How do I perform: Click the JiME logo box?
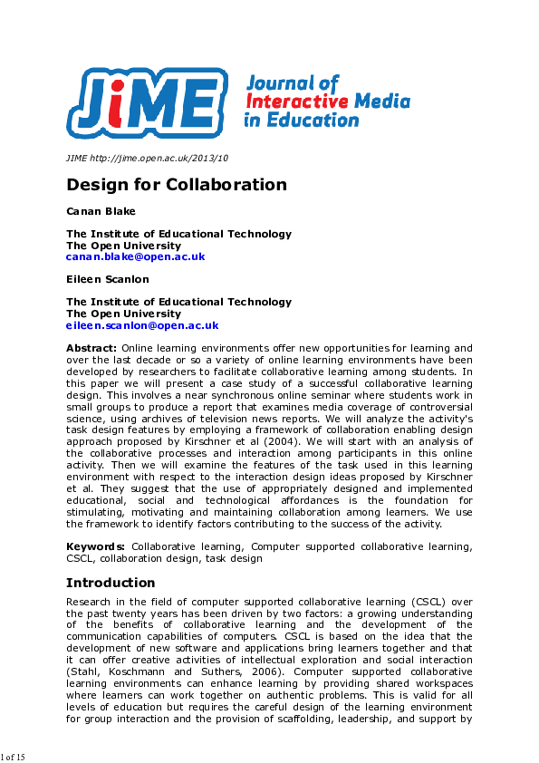point(146,98)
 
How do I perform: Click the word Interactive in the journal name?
point(292,101)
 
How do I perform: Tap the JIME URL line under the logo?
point(147,158)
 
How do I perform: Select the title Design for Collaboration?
point(176,185)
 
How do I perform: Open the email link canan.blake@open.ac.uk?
point(135,256)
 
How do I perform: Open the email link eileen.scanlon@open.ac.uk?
point(142,325)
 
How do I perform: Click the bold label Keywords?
point(96,547)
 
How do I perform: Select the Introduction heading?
point(111,583)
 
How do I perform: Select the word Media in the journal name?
point(382,101)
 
